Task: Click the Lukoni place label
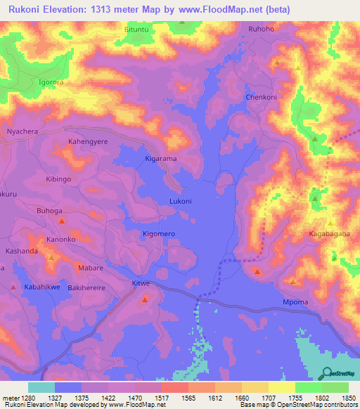181,201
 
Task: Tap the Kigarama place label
161,160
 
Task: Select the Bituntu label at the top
137,30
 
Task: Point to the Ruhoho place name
262,30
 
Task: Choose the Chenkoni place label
260,98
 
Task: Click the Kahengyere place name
88,142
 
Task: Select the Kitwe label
141,283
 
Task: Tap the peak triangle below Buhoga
62,221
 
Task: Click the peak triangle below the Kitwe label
145,300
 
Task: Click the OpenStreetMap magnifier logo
327,372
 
